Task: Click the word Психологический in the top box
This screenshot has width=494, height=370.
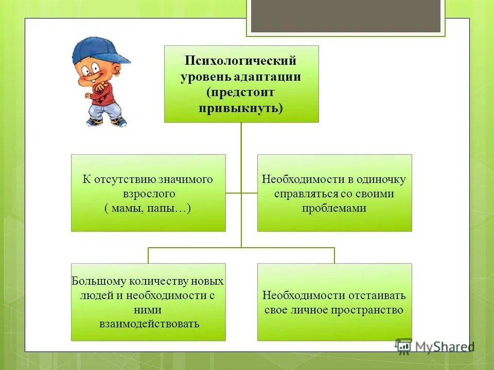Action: pyautogui.click(x=241, y=61)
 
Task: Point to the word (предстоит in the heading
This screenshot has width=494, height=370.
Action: pyautogui.click(x=241, y=93)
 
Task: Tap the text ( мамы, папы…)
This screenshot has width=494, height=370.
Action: pyautogui.click(x=148, y=209)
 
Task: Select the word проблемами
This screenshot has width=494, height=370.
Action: pyautogui.click(x=334, y=209)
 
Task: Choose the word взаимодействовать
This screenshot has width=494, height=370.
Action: pyautogui.click(x=149, y=324)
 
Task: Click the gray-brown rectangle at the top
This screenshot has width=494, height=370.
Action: pyautogui.click(x=346, y=15)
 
